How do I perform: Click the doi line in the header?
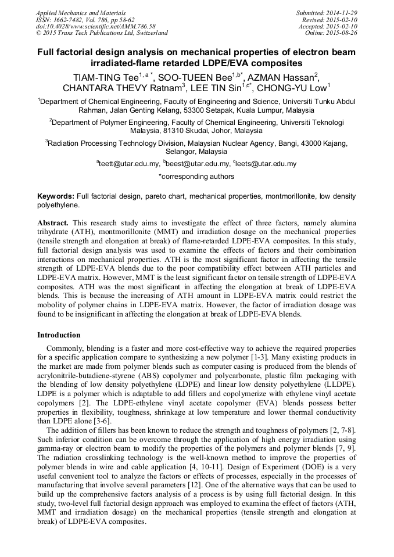point(95,26)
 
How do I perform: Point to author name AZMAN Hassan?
point(286,77)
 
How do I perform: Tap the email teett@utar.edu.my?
point(129,164)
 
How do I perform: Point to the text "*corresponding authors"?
point(196,177)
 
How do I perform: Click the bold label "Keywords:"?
point(55,197)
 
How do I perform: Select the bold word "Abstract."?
point(53,223)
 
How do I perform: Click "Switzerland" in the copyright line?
point(151,33)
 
